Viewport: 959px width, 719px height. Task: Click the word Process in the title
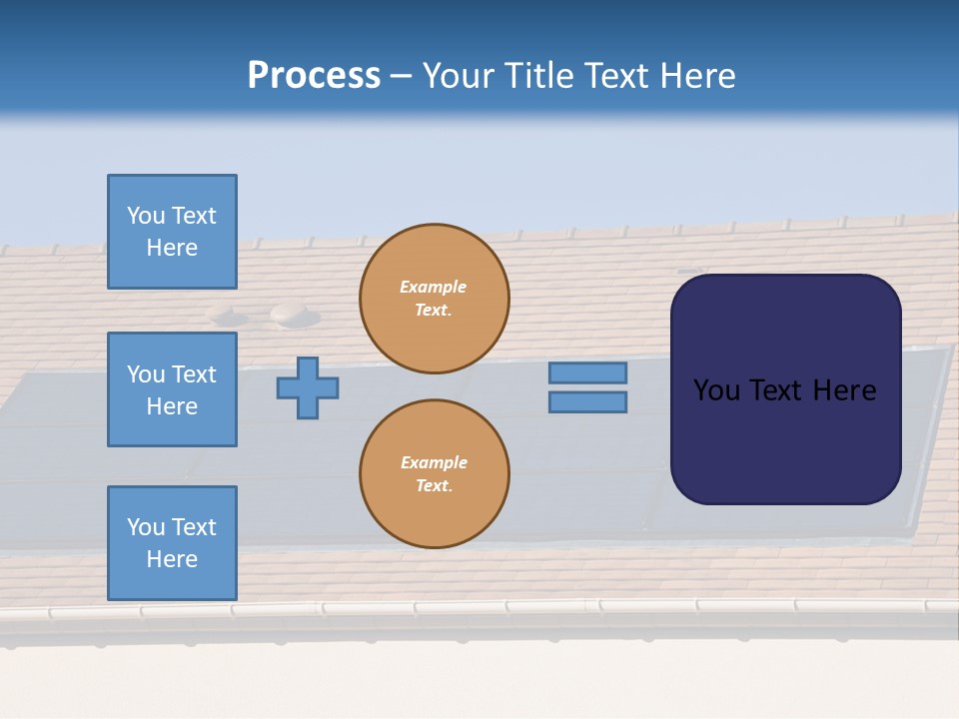coord(314,76)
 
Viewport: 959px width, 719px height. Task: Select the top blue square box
coord(172,232)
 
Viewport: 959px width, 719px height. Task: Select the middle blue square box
coord(172,389)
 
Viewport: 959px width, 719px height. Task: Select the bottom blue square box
coord(172,542)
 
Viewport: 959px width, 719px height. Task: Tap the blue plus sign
coord(308,387)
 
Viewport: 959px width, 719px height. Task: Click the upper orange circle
coord(434,299)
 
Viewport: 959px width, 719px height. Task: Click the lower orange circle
coord(434,474)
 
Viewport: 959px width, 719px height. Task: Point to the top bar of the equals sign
coord(587,372)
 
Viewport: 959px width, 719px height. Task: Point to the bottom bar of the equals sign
coord(587,402)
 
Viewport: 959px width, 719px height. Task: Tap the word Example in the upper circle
coord(434,287)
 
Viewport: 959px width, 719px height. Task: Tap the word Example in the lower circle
coord(434,462)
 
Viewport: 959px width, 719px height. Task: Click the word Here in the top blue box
coord(172,248)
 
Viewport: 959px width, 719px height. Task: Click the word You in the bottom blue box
coord(146,527)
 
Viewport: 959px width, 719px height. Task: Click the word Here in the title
coord(699,76)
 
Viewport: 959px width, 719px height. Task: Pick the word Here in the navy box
coord(845,390)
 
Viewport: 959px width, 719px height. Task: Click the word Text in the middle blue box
coord(193,374)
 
